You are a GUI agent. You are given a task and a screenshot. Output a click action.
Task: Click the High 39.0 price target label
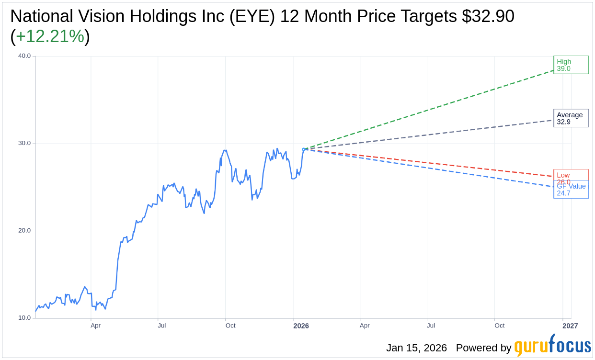pos(571,65)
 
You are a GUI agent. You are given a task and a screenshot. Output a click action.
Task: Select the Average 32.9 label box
pos(571,118)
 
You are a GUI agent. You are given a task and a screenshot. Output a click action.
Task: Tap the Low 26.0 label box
pos(571,175)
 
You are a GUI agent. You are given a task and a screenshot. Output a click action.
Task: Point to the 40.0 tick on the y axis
pos(24,56)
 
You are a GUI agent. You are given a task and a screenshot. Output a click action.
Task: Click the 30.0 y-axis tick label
pos(24,143)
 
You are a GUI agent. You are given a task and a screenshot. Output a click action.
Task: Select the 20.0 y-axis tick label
pos(24,230)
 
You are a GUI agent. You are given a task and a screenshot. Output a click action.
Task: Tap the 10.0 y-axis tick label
pos(24,317)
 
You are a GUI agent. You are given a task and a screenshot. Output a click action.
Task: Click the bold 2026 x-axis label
pos(301,326)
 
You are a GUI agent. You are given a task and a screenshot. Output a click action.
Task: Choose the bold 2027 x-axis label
pos(570,326)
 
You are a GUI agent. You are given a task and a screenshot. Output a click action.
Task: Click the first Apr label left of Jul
pos(95,326)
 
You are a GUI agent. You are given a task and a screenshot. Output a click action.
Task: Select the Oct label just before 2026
pos(230,326)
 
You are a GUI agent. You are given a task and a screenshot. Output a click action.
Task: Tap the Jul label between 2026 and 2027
pos(431,326)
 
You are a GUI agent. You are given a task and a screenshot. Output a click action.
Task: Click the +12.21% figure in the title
pos(50,36)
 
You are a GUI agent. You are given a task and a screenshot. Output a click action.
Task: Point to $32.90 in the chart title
pos(488,16)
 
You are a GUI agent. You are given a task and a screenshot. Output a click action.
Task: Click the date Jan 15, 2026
pos(416,348)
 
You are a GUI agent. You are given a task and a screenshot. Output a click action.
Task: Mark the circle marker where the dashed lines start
pos(304,149)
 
